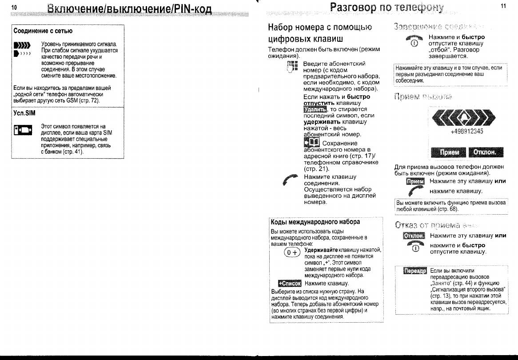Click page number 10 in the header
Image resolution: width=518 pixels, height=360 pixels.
click(14, 7)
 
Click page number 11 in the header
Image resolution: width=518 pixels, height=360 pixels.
click(503, 6)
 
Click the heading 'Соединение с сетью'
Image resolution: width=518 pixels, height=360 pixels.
click(43, 31)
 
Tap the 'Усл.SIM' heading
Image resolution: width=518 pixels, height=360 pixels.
click(24, 113)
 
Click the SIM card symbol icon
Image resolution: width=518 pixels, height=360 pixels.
click(23, 131)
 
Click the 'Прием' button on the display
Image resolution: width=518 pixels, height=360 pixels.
click(449, 152)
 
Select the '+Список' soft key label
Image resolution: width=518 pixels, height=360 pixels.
click(289, 283)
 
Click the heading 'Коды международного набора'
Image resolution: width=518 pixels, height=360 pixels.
click(315, 222)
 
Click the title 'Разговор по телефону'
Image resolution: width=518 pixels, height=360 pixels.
click(387, 8)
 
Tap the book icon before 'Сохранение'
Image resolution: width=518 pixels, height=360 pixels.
click(311, 142)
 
